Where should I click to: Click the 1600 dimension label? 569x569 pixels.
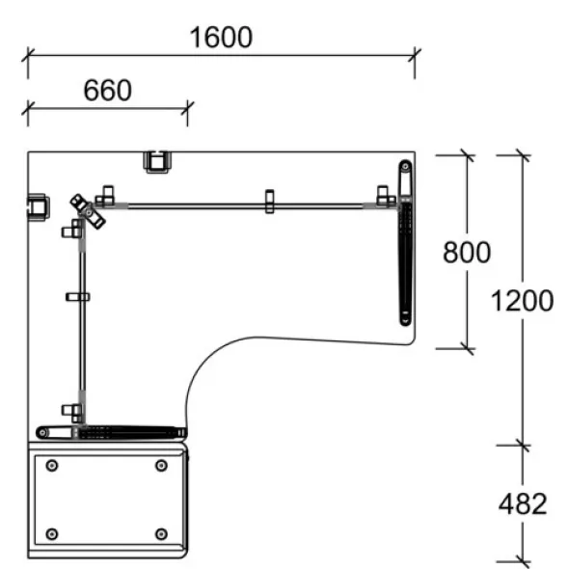[221, 37]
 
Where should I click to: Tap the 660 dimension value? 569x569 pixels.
[108, 90]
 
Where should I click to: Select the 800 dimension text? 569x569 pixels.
[467, 253]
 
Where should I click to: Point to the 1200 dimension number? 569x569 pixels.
[522, 301]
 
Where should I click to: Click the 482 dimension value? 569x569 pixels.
[523, 503]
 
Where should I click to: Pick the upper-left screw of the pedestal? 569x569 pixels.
[52, 465]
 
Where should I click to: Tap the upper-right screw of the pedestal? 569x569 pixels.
[161, 465]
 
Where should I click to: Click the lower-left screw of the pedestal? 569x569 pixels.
[52, 534]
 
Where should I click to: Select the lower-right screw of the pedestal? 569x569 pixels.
[161, 534]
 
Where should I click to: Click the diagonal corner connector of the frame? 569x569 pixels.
[88, 211]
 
